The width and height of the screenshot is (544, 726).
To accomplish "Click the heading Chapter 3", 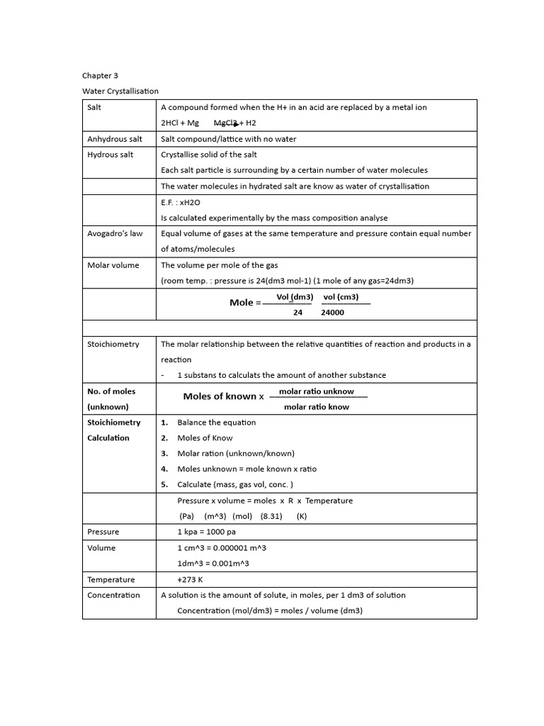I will coord(95,75).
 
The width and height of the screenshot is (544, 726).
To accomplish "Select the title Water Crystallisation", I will coord(120,91).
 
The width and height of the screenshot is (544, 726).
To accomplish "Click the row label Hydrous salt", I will coord(110,155).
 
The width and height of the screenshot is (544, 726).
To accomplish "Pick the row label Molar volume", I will coord(113,265).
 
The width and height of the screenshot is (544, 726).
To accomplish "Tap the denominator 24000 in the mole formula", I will coord(333,312).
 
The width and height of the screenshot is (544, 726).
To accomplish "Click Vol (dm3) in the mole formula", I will coord(295,297).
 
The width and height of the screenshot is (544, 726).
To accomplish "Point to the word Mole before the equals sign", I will coord(241,303).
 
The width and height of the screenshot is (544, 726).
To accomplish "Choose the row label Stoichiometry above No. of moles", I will coord(113,344).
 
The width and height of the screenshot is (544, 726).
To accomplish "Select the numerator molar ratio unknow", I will coord(317,391).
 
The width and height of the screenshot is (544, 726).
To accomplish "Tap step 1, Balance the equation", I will coord(216,423).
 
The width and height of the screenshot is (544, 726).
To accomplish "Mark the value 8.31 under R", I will coord(271,516).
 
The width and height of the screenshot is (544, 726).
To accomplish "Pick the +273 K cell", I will coord(190,579).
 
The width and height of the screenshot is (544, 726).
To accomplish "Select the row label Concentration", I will coord(113,595).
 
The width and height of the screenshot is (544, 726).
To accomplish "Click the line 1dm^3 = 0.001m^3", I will coord(212,564).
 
